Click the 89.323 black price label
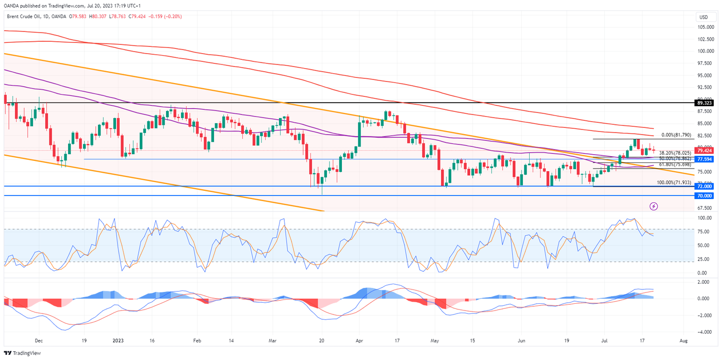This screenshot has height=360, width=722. click(x=706, y=103)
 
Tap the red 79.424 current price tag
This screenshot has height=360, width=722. click(x=706, y=151)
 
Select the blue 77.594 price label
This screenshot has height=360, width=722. click(x=706, y=159)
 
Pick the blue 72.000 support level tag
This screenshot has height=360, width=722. click(x=706, y=186)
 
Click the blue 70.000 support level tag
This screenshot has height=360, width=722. click(x=706, y=196)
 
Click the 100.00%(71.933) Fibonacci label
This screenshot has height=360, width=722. click(x=674, y=183)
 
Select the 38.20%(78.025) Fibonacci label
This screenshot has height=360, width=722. click(x=675, y=153)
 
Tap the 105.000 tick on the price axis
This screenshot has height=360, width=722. click(x=705, y=27)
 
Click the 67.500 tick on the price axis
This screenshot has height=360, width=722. click(x=705, y=208)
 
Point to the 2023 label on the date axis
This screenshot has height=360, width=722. click(x=118, y=341)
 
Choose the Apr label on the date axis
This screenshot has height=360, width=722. click(x=359, y=341)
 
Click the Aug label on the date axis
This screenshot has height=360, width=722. click(x=683, y=341)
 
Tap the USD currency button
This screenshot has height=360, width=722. click(x=705, y=17)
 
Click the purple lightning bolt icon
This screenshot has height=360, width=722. click(x=653, y=206)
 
